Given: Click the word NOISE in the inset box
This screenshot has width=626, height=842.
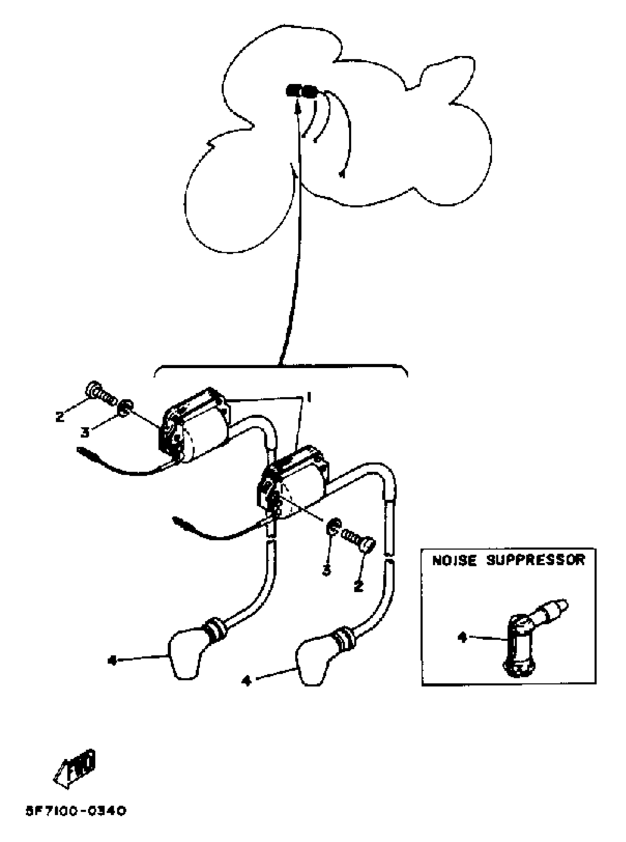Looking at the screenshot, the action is (x=454, y=561).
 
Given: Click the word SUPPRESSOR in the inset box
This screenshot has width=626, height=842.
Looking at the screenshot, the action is (x=535, y=561).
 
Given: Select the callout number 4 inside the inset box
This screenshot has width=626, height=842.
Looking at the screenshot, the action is (x=461, y=638).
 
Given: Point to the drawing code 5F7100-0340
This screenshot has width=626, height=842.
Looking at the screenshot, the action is (x=76, y=812).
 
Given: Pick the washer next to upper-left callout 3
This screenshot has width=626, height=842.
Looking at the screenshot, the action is (x=126, y=409).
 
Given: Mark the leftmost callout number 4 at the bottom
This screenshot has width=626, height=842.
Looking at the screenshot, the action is (x=112, y=661).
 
